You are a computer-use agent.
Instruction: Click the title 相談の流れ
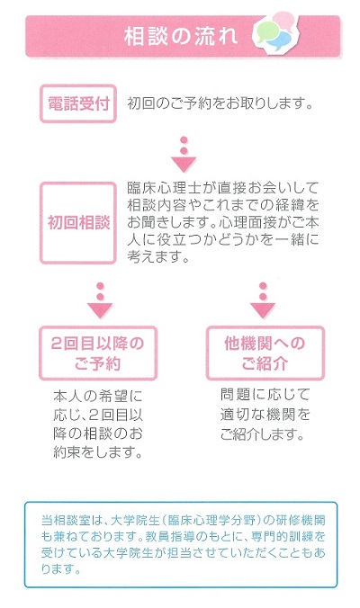[x=181, y=37]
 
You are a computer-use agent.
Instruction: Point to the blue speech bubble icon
[x=280, y=40]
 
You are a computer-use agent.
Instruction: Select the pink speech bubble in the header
[x=286, y=20]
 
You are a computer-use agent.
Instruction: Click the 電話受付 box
[x=78, y=104]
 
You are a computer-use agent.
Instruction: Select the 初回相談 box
[x=78, y=223]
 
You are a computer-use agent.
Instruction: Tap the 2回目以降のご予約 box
[x=98, y=353]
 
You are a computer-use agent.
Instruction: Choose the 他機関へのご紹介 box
[x=265, y=353]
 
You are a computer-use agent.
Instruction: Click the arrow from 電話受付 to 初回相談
[x=184, y=155]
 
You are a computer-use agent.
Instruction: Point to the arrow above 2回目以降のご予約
[x=100, y=300]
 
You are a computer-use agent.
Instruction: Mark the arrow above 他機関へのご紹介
[x=263, y=300]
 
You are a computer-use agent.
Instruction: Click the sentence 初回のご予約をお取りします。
[x=220, y=103]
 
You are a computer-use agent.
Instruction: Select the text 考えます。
[x=157, y=257]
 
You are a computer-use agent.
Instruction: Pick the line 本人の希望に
[x=98, y=396]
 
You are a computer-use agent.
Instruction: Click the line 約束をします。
[x=98, y=452]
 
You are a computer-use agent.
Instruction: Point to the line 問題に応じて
[x=265, y=395]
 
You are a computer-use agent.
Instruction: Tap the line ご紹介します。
[x=262, y=434]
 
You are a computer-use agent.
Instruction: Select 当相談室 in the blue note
[x=67, y=520]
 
